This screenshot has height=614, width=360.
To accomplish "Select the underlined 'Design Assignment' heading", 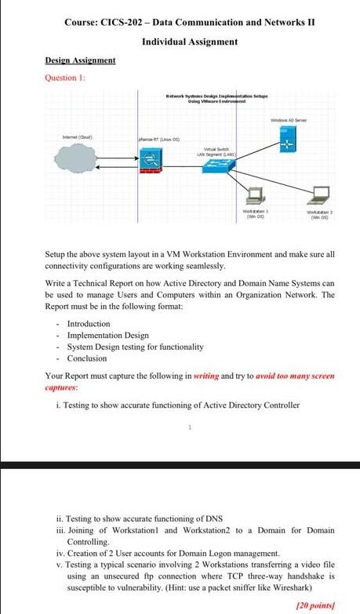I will click(x=80, y=60).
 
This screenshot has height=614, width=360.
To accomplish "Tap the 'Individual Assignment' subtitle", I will click(x=190, y=41).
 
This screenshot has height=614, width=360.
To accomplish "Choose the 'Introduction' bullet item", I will click(x=89, y=323).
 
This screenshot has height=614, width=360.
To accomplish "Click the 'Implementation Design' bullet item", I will click(x=107, y=335).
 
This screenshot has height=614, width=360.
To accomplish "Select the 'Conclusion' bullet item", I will click(x=86, y=358).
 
